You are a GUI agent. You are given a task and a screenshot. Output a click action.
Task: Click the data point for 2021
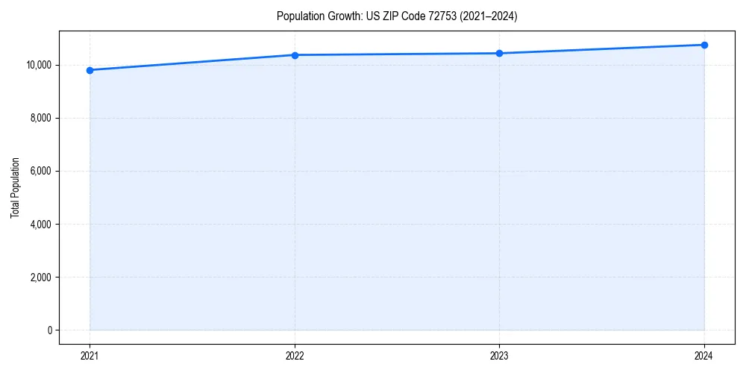click(90, 70)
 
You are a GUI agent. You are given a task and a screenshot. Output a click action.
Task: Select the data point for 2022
click(295, 55)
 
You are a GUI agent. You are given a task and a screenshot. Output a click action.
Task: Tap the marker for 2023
click(499, 53)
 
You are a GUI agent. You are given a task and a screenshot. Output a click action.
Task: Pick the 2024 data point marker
click(704, 45)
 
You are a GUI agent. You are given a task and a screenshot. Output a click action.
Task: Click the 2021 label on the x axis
click(90, 355)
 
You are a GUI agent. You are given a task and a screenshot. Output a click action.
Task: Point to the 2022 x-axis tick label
click(295, 355)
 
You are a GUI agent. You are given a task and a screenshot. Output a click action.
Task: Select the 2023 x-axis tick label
click(499, 355)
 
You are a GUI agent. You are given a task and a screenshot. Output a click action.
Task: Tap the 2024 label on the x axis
click(704, 355)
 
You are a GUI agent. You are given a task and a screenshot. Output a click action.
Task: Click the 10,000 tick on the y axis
click(39, 65)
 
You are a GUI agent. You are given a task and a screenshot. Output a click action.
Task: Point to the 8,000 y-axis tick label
click(41, 118)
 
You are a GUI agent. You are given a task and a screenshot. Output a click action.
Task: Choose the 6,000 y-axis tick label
click(41, 171)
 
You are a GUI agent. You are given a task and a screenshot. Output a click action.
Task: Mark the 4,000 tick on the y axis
click(41, 224)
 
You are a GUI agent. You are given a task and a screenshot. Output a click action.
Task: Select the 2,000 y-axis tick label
click(41, 278)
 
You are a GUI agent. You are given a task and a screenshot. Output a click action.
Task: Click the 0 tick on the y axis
click(49, 330)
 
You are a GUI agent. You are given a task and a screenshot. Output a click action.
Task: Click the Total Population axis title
click(15, 187)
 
